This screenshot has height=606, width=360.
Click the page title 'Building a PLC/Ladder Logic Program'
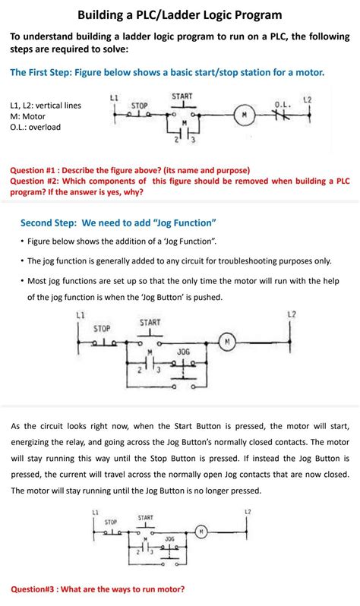pos(179,14)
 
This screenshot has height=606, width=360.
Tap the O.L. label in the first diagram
pos(283,104)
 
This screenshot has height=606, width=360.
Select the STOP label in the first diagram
pos(139,105)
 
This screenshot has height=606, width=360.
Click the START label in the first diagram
pos(182,96)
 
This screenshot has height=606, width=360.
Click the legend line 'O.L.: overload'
pos(35,127)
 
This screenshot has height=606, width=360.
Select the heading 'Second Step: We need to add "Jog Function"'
pos(118,223)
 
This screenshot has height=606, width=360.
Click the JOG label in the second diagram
pos(183,352)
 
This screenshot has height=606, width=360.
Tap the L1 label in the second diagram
pos(81,314)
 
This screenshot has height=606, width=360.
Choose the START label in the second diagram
pos(150,323)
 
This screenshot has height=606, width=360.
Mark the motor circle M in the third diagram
pos(201,531)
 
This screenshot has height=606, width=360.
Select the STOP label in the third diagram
pos(111,522)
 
